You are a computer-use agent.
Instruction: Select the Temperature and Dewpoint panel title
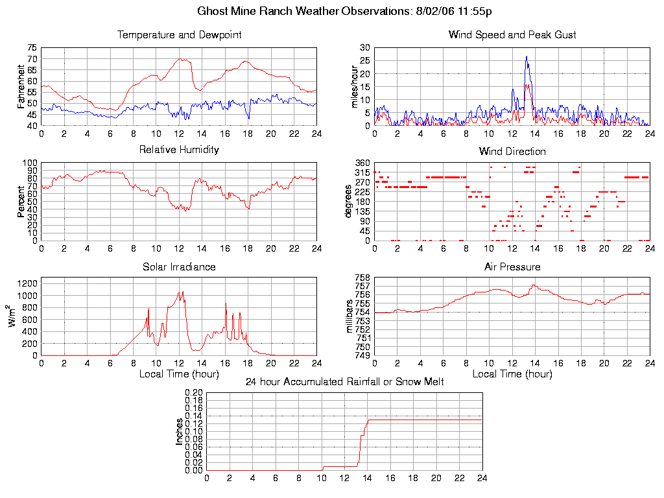[x=179, y=35]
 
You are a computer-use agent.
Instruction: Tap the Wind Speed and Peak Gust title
[x=512, y=35]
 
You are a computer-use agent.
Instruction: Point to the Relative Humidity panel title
[x=179, y=150]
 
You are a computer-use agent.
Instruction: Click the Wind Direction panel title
[x=512, y=152]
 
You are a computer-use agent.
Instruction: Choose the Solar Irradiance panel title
[x=179, y=267]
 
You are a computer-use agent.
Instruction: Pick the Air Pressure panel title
[x=512, y=267]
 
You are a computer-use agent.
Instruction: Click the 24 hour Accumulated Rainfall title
[x=344, y=382]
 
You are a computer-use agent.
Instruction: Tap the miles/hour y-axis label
[x=354, y=87]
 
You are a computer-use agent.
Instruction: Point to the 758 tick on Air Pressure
[x=362, y=278]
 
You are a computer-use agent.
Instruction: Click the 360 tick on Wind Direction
[x=362, y=163]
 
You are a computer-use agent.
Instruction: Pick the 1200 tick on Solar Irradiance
[x=26, y=283]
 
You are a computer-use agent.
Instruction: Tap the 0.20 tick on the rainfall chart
[x=195, y=393]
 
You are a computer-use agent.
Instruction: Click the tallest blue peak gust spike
[x=527, y=56]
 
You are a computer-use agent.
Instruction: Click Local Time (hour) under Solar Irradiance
[x=179, y=374]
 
